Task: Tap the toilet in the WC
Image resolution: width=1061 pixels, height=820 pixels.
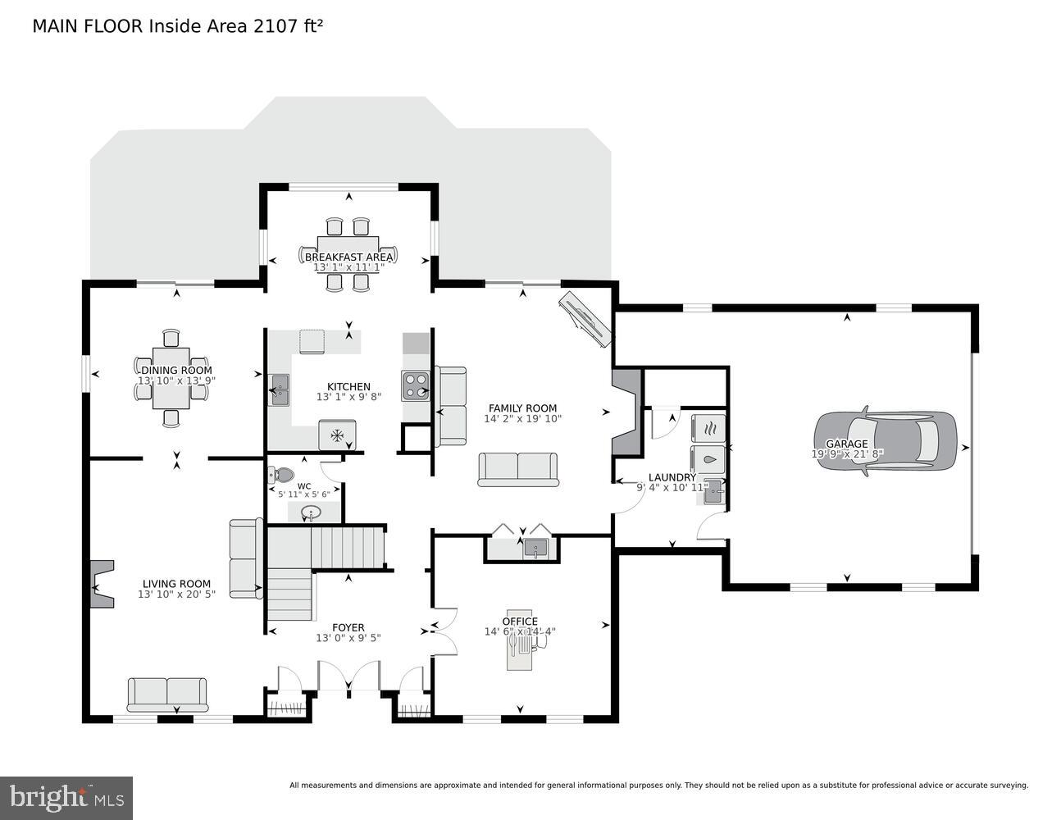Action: tap(281, 474)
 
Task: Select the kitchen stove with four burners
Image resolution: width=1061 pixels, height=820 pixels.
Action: tap(415, 385)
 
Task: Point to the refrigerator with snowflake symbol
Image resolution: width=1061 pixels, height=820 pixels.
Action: tap(336, 435)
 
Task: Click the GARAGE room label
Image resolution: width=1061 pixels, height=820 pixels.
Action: tap(846, 444)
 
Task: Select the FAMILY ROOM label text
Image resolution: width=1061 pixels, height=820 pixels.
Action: tap(522, 408)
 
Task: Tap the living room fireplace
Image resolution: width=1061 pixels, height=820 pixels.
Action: tap(101, 583)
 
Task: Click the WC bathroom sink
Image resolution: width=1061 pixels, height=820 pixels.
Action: tap(312, 513)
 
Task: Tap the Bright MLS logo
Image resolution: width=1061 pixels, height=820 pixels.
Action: tap(66, 797)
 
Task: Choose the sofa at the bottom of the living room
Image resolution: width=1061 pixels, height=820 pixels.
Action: tap(167, 694)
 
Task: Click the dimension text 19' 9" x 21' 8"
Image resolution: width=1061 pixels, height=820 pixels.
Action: tap(846, 453)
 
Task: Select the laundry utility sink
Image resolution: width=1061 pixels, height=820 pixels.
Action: tap(713, 491)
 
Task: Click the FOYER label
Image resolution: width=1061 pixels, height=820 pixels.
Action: tap(348, 627)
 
